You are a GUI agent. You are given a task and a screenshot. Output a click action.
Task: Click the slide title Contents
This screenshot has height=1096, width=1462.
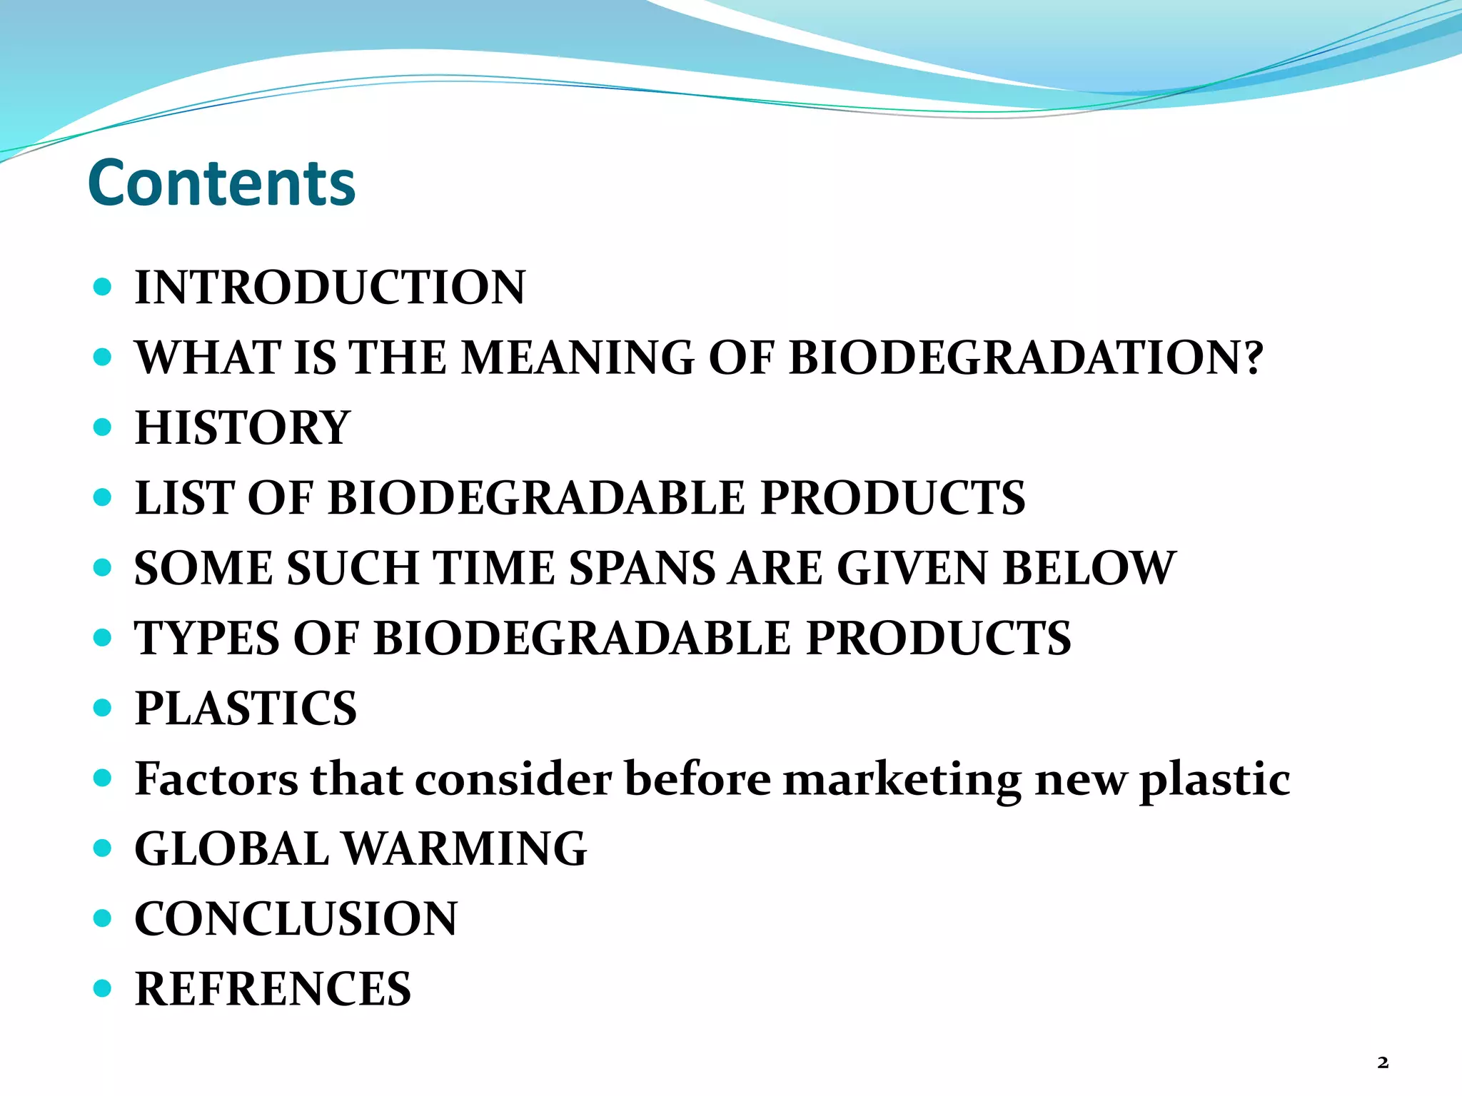tap(221, 183)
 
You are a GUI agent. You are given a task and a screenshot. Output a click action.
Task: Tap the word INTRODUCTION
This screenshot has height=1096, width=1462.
tap(330, 288)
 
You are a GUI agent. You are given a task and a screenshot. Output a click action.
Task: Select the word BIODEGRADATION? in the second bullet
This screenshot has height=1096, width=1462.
tap(1026, 357)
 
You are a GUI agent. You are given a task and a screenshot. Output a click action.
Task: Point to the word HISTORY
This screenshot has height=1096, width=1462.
tap(243, 427)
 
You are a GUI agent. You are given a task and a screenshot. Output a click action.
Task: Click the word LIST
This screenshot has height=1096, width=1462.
tap(184, 497)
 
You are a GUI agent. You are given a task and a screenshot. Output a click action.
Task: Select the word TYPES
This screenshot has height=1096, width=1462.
tap(207, 638)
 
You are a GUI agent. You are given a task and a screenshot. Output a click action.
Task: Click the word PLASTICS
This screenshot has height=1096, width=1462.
tap(246, 708)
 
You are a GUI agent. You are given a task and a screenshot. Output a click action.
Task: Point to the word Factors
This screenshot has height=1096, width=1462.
tap(217, 778)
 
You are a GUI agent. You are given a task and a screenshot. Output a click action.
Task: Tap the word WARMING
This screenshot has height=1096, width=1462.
tap(465, 849)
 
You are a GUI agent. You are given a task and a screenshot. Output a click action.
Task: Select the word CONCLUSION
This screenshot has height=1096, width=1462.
tap(296, 919)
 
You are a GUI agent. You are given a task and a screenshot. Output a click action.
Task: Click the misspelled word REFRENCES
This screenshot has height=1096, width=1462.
tap(273, 989)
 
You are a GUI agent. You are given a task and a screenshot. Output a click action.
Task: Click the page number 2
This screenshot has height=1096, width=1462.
tap(1383, 1062)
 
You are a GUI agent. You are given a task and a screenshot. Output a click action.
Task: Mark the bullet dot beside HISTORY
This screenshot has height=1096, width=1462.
tap(103, 427)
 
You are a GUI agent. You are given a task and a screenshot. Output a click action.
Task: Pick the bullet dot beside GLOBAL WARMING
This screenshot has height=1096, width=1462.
tap(103, 848)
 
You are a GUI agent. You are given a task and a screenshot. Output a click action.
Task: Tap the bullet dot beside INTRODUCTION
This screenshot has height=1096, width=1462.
tap(103, 287)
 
